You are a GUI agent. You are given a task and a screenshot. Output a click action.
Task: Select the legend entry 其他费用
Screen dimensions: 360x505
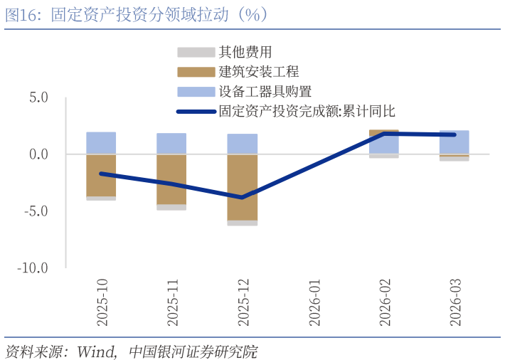pyautogui.click(x=245, y=52)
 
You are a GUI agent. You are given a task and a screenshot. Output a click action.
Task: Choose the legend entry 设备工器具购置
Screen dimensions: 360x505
pyautogui.click(x=265, y=91)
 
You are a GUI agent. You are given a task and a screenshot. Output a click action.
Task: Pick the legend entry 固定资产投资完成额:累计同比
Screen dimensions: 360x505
pyautogui.click(x=306, y=111)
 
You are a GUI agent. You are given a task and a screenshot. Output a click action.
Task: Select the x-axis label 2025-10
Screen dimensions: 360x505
pyautogui.click(x=102, y=302)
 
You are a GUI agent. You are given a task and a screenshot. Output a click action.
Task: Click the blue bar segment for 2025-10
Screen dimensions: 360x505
pyautogui.click(x=101, y=142)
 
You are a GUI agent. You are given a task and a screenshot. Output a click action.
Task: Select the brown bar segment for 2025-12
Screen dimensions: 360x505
pyautogui.click(x=243, y=187)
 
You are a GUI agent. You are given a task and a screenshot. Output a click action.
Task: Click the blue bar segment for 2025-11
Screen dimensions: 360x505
pyautogui.click(x=171, y=143)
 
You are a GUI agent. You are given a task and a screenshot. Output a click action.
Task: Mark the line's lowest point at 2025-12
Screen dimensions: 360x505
pyautogui.click(x=243, y=197)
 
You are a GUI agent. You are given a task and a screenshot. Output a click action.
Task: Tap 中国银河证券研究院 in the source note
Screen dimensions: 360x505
pyautogui.click(x=193, y=351)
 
